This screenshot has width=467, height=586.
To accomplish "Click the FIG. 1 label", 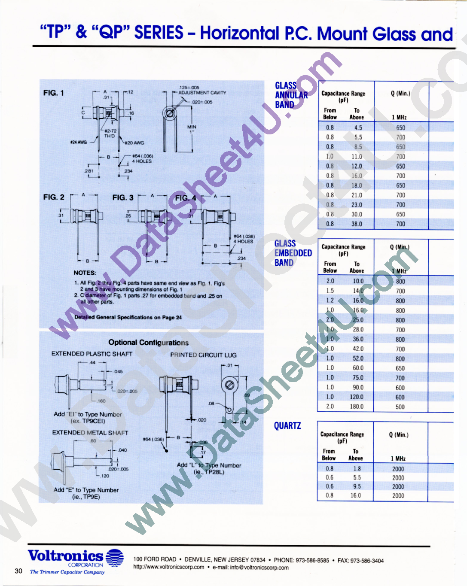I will click(x=54, y=93).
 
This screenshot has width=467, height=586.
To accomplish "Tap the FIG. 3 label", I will click(x=123, y=197).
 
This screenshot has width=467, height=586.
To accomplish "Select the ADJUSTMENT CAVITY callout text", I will click(x=202, y=93).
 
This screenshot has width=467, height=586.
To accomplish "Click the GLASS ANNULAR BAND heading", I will click(x=291, y=95).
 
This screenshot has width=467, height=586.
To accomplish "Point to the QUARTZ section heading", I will click(x=287, y=426).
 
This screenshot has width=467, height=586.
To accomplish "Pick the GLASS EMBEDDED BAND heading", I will click(x=293, y=253).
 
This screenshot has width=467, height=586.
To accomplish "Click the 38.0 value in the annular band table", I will click(x=357, y=224).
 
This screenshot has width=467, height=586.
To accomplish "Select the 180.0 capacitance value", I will click(x=357, y=407).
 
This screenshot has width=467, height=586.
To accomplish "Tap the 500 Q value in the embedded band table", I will click(x=400, y=407).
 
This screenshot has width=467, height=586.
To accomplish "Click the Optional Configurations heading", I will click(x=148, y=343).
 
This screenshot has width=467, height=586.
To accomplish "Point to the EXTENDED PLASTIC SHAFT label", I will click(x=92, y=354).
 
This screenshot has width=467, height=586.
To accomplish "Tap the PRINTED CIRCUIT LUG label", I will click(x=203, y=355).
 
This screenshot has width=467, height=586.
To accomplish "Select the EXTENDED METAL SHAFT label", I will click(x=90, y=433).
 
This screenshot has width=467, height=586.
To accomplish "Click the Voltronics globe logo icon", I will click(x=115, y=557).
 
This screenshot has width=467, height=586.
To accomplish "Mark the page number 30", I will click(x=18, y=571).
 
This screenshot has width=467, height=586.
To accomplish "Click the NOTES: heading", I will click(x=85, y=273).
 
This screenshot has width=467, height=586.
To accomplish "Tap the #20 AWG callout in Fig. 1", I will click(x=134, y=143).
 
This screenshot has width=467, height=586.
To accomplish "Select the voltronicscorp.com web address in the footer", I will click(x=169, y=567).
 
